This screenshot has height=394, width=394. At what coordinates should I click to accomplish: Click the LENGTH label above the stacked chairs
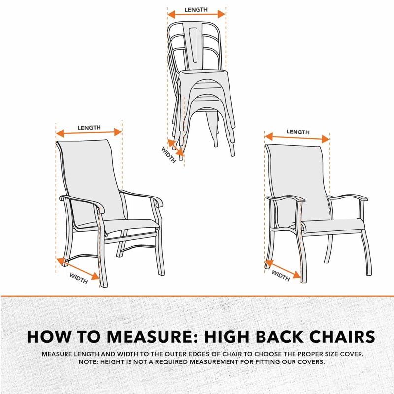point(196,10)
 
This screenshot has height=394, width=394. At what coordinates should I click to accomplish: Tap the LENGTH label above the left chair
point(89,128)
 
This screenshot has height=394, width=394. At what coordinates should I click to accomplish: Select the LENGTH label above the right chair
point(298,132)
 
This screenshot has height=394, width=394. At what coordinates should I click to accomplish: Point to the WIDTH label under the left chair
point(79,278)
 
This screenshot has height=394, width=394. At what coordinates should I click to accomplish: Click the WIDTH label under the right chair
point(281,276)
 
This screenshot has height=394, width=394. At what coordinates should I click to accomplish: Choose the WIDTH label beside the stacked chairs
point(168,155)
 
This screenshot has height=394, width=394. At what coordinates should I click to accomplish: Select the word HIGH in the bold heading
point(228,337)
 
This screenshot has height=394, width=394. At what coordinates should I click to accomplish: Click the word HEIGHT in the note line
point(113,362)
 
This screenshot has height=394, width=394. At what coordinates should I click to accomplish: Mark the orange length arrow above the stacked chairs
point(196,15)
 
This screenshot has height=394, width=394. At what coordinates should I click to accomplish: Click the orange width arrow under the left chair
point(78,268)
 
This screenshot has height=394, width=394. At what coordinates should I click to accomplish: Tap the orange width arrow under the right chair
point(283,269)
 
